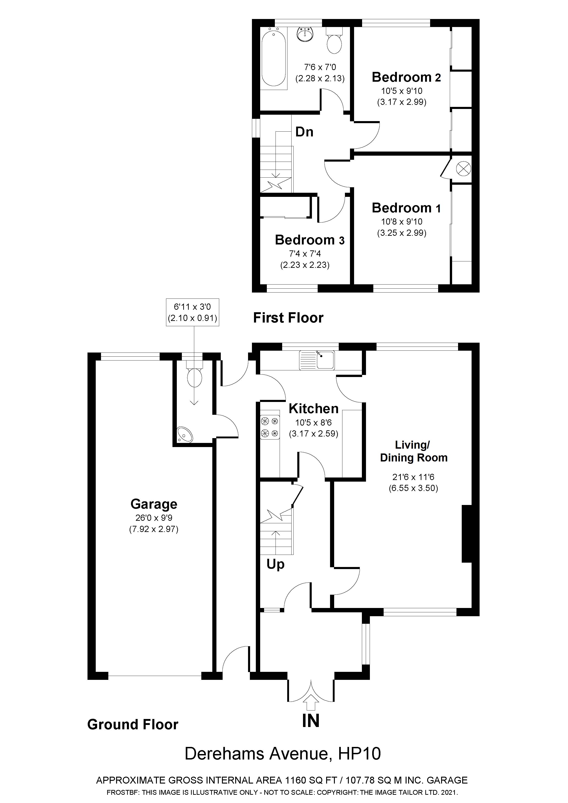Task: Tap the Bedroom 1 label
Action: tap(406, 208)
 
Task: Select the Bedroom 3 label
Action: tap(310, 240)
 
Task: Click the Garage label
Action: tap(154, 504)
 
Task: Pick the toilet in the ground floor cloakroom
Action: tap(194, 374)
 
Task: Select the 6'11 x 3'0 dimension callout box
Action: tap(192, 312)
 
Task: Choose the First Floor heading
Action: tap(288, 318)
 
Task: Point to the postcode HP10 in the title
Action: tap(359, 754)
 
